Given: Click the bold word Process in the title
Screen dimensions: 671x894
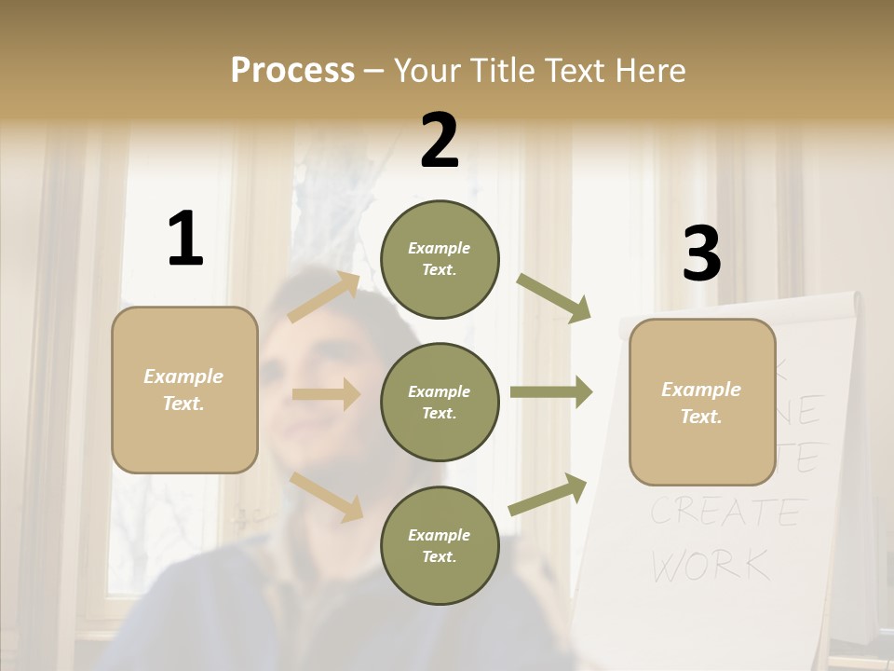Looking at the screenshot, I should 292,71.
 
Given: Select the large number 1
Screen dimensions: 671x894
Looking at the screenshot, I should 185,239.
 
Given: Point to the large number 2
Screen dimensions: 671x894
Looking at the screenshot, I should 440,142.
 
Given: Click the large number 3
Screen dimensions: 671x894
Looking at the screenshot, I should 701,253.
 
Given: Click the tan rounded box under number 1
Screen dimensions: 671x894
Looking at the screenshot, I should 184,390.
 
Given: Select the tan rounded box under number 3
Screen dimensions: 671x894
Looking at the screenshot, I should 702,403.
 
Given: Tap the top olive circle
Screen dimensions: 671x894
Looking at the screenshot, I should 440,259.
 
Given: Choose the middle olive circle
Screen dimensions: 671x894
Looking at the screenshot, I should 440,403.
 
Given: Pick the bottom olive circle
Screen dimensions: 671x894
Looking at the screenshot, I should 440,546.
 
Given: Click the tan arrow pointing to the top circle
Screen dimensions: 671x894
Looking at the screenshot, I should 324,297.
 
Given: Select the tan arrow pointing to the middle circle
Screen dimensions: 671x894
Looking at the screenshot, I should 326,395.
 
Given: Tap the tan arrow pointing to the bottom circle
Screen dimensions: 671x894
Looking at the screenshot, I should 327,496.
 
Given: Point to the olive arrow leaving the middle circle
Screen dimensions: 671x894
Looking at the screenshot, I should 551,392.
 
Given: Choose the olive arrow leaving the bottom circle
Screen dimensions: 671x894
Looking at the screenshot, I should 548,495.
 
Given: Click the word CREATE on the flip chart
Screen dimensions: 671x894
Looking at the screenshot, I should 725,512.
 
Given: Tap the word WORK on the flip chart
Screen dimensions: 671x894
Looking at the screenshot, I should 711,564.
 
